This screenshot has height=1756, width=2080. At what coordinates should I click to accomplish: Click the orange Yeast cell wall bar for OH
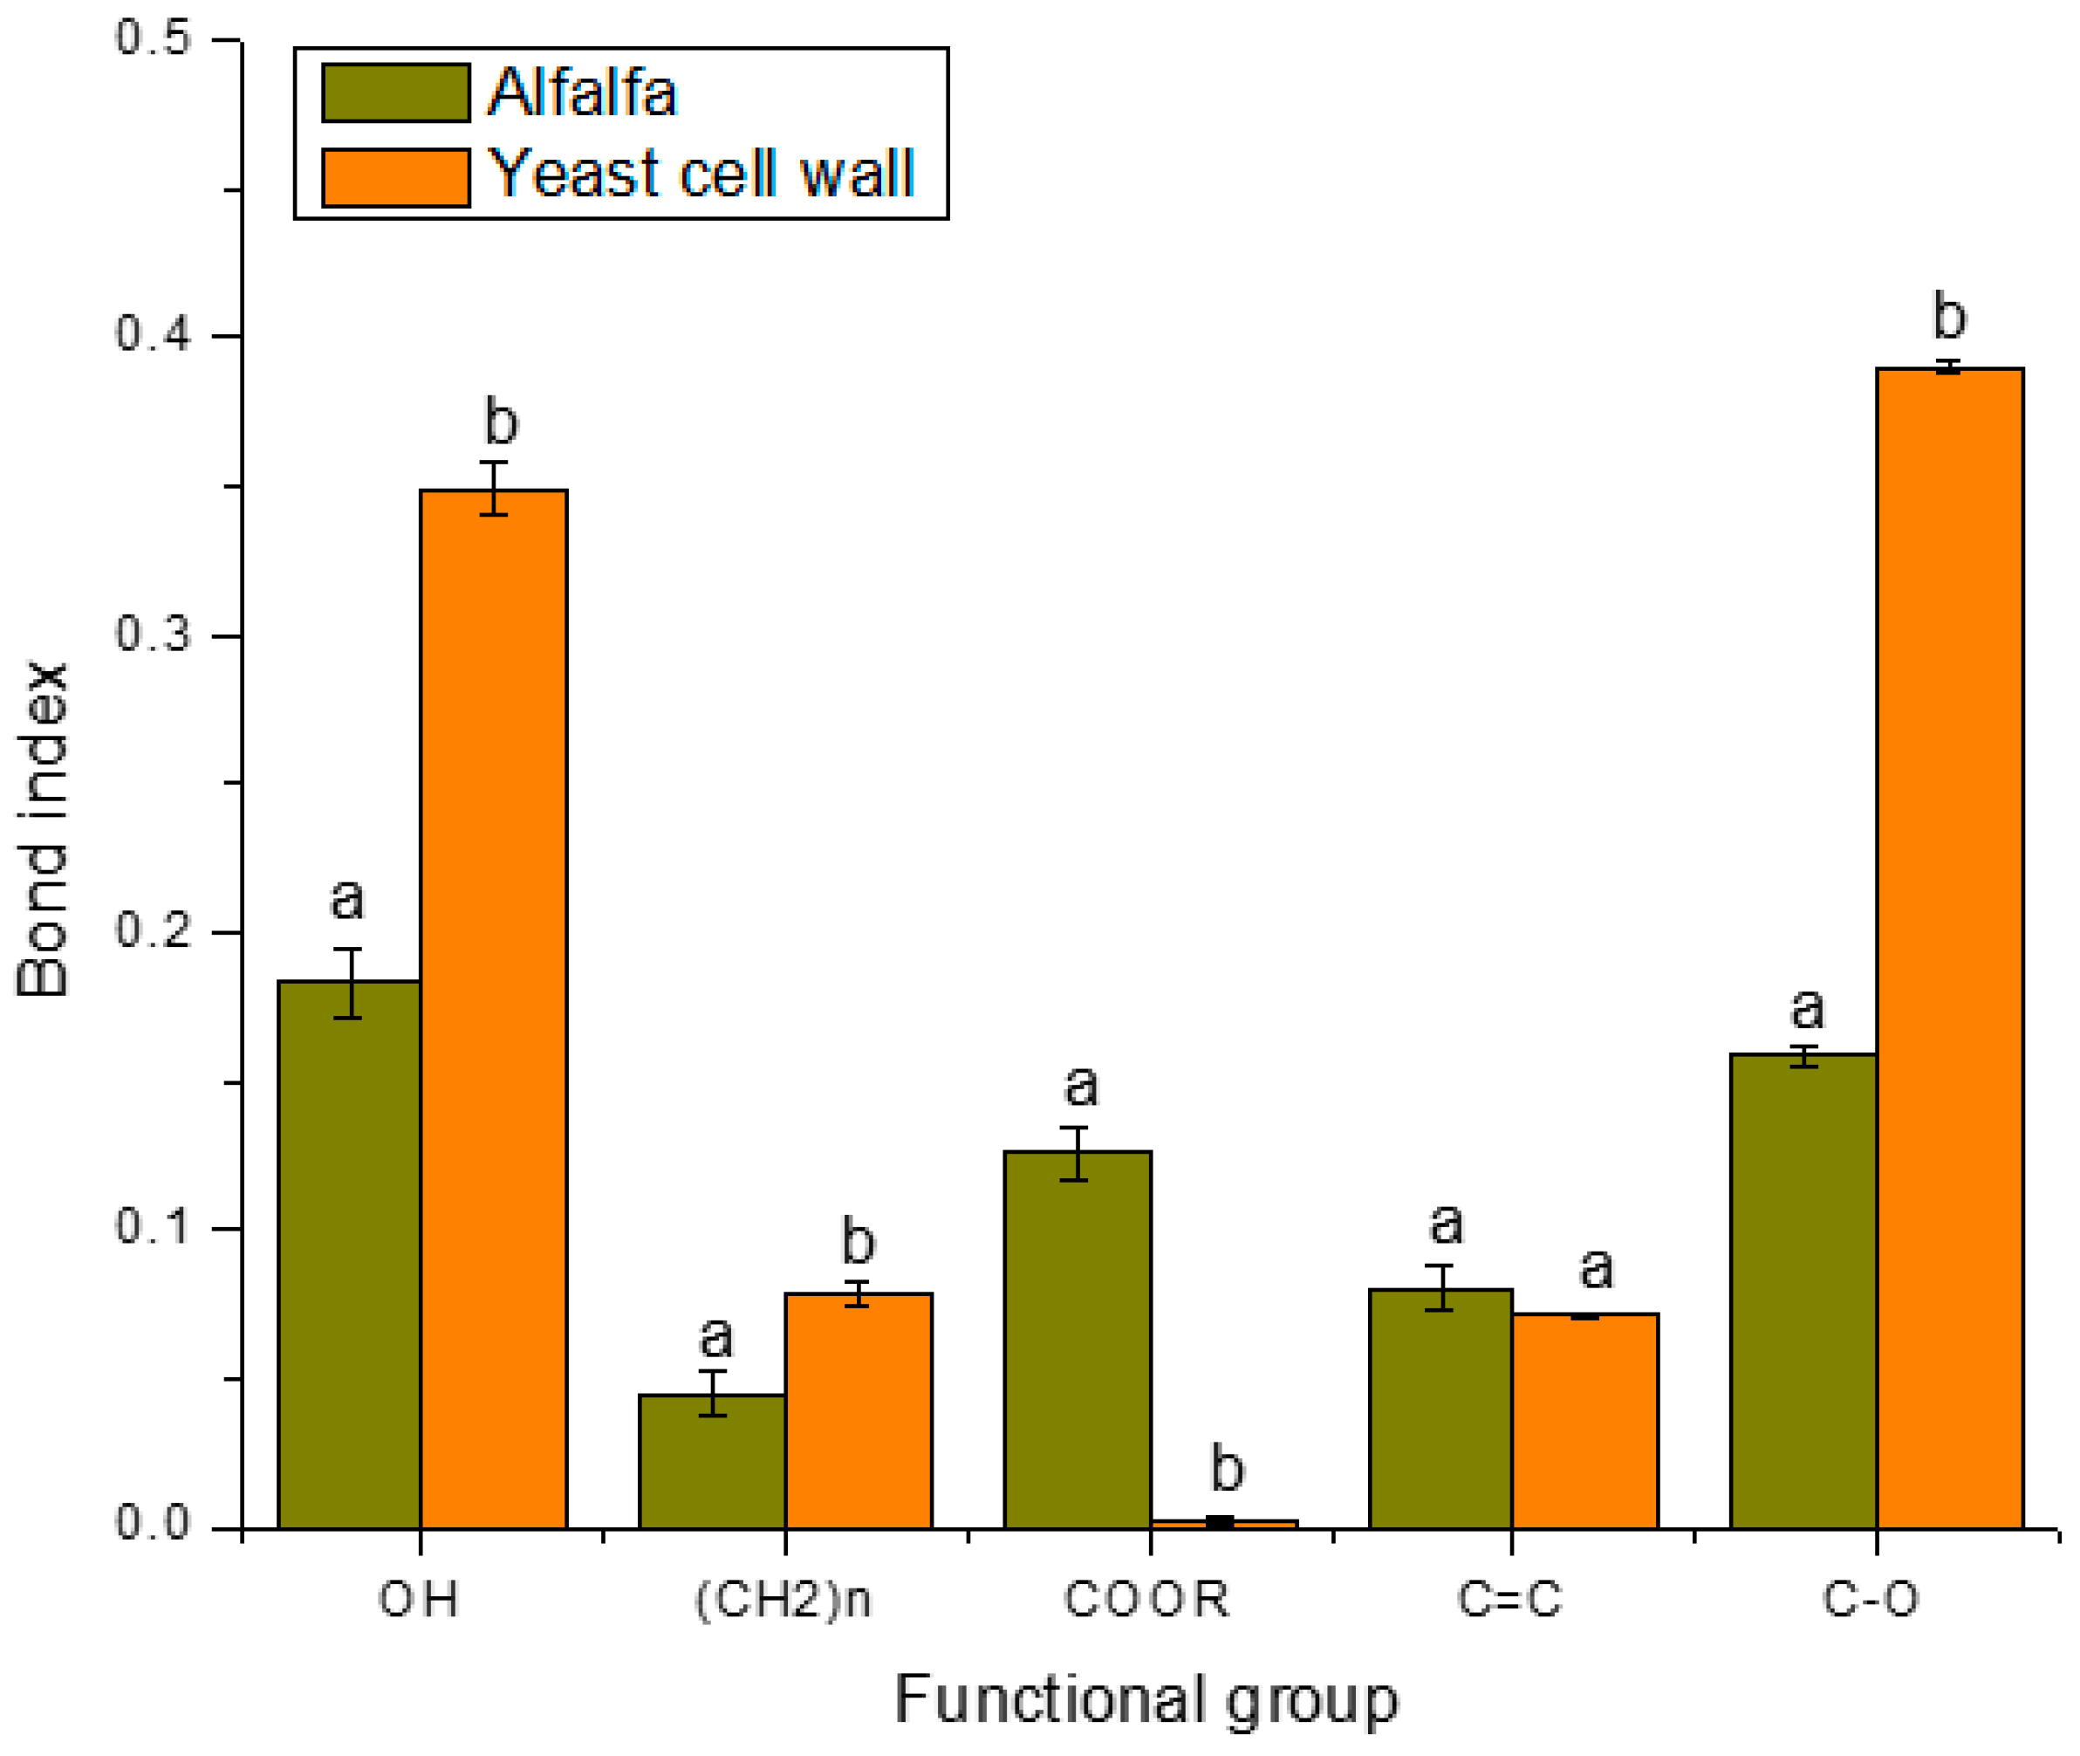(x=494, y=1005)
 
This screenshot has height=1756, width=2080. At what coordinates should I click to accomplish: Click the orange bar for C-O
(x=1948, y=946)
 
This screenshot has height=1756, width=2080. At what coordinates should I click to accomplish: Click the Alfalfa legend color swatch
(x=395, y=93)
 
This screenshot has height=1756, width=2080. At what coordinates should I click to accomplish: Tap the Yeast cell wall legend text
(x=702, y=175)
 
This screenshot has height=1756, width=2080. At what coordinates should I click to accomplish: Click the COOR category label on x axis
(x=1146, y=1601)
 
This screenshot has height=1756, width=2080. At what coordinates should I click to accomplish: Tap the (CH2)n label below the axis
(x=783, y=1601)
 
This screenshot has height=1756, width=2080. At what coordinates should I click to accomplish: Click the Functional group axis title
(x=1146, y=1700)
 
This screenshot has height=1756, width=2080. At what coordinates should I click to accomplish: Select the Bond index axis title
(x=42, y=829)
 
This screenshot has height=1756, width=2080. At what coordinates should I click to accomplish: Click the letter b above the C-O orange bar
(x=1948, y=317)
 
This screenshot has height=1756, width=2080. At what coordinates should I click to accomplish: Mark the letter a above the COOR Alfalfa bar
(x=1080, y=1086)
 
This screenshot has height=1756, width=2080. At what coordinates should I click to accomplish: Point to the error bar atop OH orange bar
(x=494, y=488)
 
